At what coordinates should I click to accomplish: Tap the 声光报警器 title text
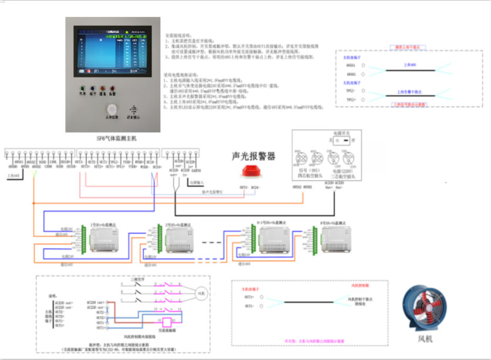(x=254, y=156)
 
